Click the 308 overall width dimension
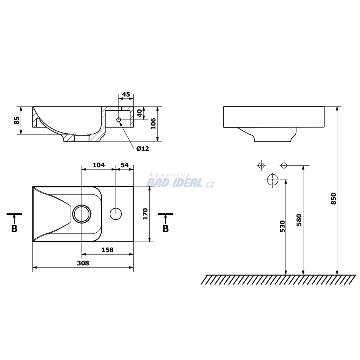(x=83, y=263)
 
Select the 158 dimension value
(x=108, y=250)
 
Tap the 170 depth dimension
(x=145, y=214)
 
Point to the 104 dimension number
(x=99, y=165)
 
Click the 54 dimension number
(x=124, y=165)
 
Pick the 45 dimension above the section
(x=126, y=94)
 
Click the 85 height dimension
(x=17, y=120)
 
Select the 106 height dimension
(x=153, y=123)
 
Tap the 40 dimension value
(x=139, y=113)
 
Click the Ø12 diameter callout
(x=143, y=149)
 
